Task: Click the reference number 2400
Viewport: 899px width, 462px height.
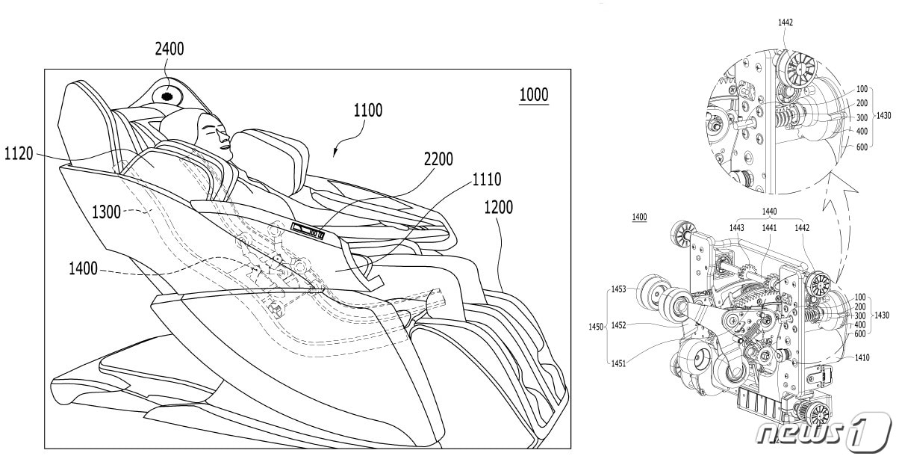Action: (x=169, y=49)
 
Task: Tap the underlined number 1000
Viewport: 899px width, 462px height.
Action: (x=534, y=95)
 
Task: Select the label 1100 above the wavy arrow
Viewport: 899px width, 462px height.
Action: (x=367, y=110)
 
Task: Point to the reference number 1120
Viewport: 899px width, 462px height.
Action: (x=19, y=153)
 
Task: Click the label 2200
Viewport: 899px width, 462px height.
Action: (x=438, y=159)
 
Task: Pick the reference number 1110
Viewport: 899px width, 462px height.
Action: (x=487, y=179)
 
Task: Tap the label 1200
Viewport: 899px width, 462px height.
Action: (x=499, y=208)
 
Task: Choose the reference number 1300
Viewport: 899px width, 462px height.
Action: (x=106, y=212)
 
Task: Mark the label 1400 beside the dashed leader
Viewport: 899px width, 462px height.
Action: (x=83, y=268)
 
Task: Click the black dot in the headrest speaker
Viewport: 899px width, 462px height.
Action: (x=167, y=96)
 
